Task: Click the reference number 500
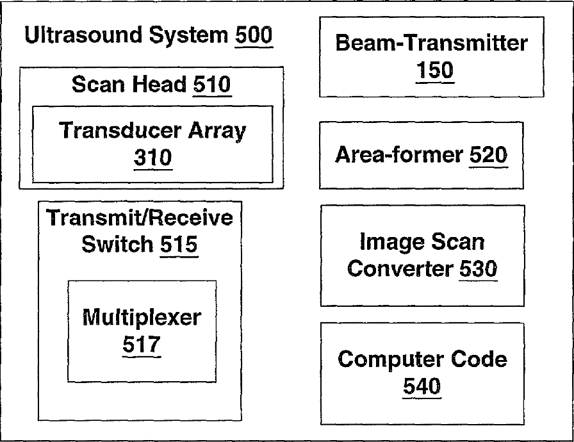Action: [254, 35]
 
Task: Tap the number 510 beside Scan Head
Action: [212, 85]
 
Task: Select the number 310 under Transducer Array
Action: [152, 158]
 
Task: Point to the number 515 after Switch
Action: [179, 244]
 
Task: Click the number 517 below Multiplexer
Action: [141, 345]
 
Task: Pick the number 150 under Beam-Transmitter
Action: [434, 70]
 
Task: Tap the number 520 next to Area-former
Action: [488, 154]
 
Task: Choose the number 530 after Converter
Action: [478, 269]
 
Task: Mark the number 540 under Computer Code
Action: [422, 386]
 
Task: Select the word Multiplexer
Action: [142, 316]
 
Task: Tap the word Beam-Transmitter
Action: [431, 44]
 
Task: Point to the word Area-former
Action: [398, 154]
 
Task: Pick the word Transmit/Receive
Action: [140, 218]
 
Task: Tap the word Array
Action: [217, 131]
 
